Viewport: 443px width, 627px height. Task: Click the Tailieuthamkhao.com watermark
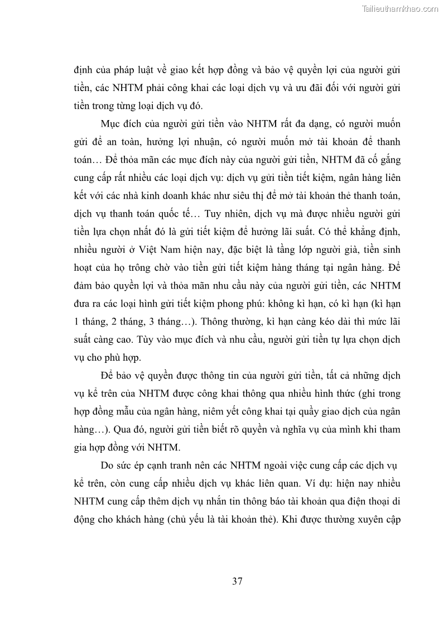tap(401, 8)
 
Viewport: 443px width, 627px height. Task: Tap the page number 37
tap(237, 581)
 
